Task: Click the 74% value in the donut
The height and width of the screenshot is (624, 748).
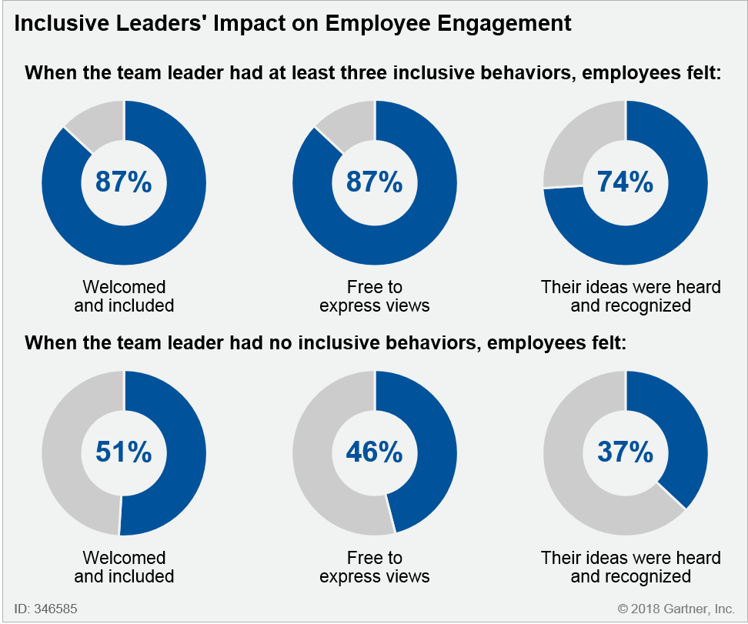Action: pyautogui.click(x=625, y=182)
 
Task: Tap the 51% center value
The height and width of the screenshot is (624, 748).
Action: pyautogui.click(x=123, y=452)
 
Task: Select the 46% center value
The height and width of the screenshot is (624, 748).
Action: pyautogui.click(x=374, y=452)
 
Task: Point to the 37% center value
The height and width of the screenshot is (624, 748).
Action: pyautogui.click(x=625, y=452)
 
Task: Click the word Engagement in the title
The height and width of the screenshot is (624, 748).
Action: pyautogui.click(x=504, y=24)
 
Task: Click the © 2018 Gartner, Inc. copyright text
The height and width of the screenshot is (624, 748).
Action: pyautogui.click(x=676, y=609)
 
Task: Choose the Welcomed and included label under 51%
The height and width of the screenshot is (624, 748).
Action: pyautogui.click(x=124, y=567)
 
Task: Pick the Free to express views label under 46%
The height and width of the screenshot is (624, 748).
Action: pyautogui.click(x=375, y=567)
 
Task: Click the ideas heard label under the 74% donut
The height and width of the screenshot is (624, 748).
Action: pyautogui.click(x=631, y=296)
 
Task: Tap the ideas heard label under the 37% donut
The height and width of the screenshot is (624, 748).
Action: pyautogui.click(x=631, y=567)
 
